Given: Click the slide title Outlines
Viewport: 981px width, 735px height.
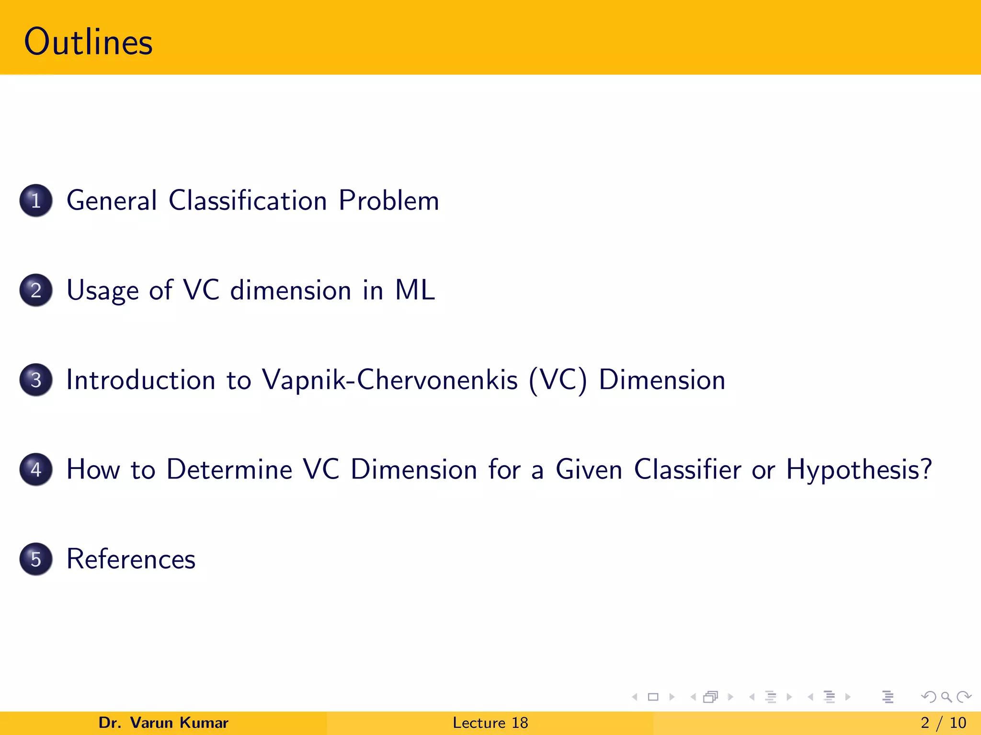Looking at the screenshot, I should pos(88,42).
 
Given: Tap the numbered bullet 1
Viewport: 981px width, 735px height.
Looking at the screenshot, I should pos(36,200).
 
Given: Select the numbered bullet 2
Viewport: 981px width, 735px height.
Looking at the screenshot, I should pos(36,290).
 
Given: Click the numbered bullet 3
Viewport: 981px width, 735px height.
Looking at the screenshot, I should pos(36,380).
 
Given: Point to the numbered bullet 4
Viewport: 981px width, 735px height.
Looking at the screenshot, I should pos(36,469).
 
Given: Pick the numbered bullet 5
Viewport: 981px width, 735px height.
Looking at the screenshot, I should pos(36,559).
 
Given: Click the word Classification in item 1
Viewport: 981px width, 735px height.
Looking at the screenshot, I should pos(248,200).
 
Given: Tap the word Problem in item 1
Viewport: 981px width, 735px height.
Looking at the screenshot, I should pos(388,200).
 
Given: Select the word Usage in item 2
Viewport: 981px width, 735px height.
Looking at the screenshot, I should pos(103,290).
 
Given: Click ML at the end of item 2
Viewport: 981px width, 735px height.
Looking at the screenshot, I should pos(414,290).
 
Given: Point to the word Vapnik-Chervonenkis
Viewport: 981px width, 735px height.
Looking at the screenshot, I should pos(389,380).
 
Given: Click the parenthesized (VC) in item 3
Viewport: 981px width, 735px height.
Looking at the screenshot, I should pos(558,380).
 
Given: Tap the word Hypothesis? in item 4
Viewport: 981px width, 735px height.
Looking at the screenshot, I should pos(859,469).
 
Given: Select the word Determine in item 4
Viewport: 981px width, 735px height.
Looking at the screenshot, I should pos(229,469).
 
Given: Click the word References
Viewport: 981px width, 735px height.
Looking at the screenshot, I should pos(131,559).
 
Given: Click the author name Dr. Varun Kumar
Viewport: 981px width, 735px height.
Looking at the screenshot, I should pos(163,723).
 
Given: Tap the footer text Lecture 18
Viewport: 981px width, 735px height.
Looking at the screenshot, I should pos(490,723).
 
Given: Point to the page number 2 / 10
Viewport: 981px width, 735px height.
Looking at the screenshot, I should pos(943,723).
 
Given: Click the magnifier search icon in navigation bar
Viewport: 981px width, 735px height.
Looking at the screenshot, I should pos(946,697).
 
